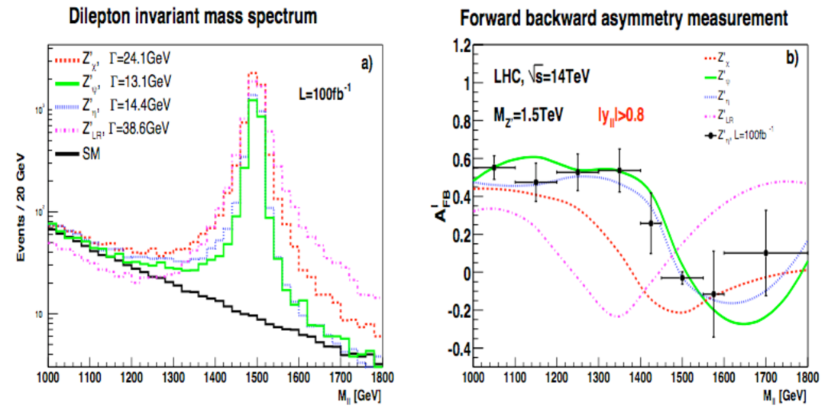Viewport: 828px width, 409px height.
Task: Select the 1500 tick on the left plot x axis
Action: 257,378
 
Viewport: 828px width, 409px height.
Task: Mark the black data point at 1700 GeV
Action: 765,252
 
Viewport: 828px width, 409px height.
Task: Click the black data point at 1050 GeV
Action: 494,167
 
